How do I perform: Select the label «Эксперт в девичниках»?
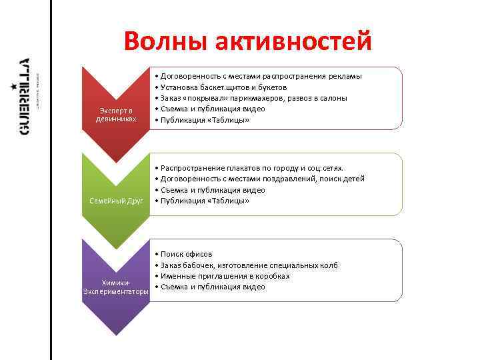[x=117, y=114]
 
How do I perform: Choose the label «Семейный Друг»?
[x=117, y=201]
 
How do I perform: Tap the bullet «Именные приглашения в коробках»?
[x=224, y=276]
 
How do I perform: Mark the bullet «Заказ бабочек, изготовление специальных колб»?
[x=247, y=265]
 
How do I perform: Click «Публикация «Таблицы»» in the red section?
[x=203, y=119]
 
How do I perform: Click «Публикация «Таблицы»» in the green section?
[x=203, y=201]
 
